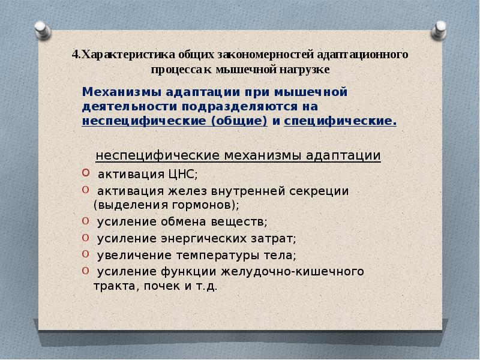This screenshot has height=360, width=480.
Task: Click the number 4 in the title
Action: [74, 55]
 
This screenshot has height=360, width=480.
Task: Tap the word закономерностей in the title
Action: [253, 55]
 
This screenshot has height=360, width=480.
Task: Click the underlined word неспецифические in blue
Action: [136, 121]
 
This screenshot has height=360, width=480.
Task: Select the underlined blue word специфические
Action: [339, 121]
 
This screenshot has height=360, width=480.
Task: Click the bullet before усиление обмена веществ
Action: [84, 220]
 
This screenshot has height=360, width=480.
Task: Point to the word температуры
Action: [217, 255]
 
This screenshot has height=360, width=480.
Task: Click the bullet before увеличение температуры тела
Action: [84, 254]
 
